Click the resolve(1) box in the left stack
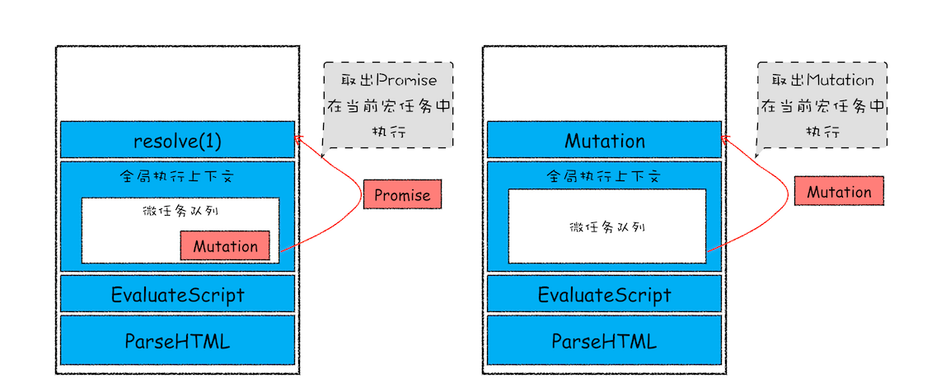(x=177, y=141)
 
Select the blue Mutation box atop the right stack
(x=604, y=141)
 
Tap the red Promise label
(x=402, y=195)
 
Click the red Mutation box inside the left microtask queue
(x=225, y=245)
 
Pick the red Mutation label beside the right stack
(x=839, y=192)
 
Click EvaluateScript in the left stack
(x=177, y=294)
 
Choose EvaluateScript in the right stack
(x=604, y=294)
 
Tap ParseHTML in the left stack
(x=177, y=340)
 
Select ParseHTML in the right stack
(x=604, y=340)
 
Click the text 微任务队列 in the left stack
(x=180, y=211)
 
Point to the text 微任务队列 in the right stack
(x=606, y=226)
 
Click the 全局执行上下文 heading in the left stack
(x=177, y=176)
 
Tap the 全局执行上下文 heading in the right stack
(x=604, y=176)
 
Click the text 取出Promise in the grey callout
(x=389, y=81)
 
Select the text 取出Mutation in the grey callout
(x=822, y=81)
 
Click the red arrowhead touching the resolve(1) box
(x=298, y=140)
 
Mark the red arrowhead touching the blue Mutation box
(x=725, y=140)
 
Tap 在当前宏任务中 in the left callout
(x=389, y=106)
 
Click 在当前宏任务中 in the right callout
(x=822, y=106)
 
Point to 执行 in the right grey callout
(x=822, y=132)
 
